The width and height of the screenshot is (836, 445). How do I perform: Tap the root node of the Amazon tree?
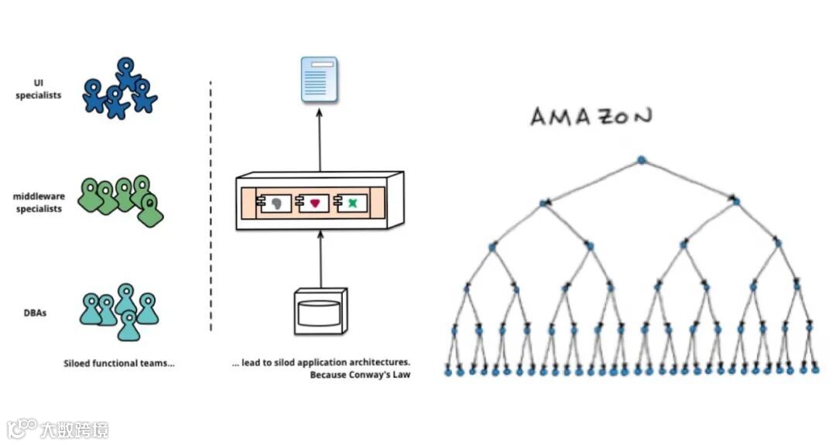point(641,160)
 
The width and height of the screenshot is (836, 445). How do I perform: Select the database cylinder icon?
point(319,312)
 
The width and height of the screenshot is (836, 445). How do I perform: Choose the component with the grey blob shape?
point(277,203)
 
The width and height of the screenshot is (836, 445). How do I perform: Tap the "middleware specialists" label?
point(39,203)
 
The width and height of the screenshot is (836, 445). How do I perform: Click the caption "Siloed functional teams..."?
point(118,362)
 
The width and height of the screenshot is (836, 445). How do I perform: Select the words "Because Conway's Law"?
point(360,375)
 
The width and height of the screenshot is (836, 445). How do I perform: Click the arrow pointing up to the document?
point(320,139)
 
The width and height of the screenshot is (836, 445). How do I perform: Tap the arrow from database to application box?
point(320,259)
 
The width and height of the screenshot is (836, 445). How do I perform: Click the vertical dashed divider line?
point(211,205)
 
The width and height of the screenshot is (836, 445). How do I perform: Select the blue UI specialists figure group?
point(120,89)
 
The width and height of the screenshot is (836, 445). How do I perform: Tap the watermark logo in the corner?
point(23,428)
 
